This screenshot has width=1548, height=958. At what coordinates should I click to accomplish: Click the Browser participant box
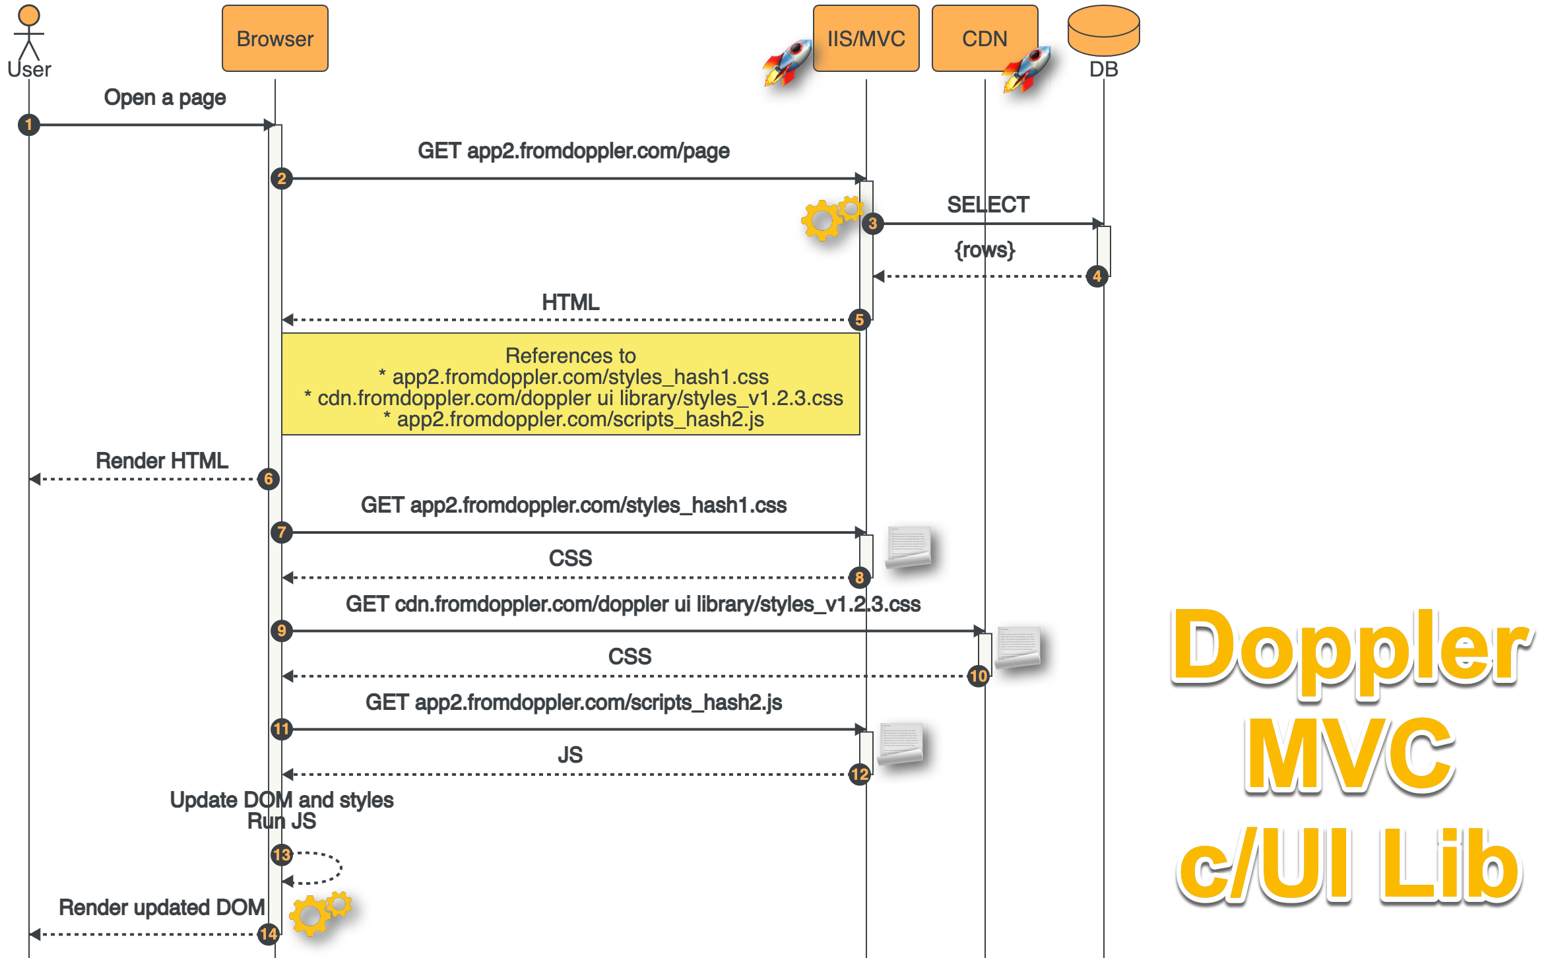click(x=274, y=38)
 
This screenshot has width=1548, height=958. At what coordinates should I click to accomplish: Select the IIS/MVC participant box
click(x=866, y=38)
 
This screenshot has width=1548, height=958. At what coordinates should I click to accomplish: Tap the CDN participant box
click(x=984, y=38)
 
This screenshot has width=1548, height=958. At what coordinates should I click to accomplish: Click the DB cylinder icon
click(x=1103, y=30)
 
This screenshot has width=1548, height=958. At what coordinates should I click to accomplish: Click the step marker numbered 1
click(x=28, y=125)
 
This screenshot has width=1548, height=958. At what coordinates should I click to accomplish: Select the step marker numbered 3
click(x=872, y=224)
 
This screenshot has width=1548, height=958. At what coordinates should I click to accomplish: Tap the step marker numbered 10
click(x=978, y=676)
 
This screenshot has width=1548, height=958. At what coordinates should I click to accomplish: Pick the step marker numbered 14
click(x=269, y=934)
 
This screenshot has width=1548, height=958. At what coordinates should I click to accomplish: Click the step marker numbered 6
click(x=269, y=479)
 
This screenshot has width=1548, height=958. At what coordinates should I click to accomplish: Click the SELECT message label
click(x=988, y=205)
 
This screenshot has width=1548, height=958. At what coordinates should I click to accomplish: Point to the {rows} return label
click(x=984, y=250)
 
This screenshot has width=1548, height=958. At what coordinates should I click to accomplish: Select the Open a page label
click(x=165, y=98)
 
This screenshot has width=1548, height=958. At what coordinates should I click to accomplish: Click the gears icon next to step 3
click(x=830, y=218)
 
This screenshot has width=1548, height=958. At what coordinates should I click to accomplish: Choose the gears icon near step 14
click(x=320, y=912)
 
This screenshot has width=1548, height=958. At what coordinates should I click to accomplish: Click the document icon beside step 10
click(x=1017, y=647)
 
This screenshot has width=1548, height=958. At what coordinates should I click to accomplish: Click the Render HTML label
click(x=162, y=461)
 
